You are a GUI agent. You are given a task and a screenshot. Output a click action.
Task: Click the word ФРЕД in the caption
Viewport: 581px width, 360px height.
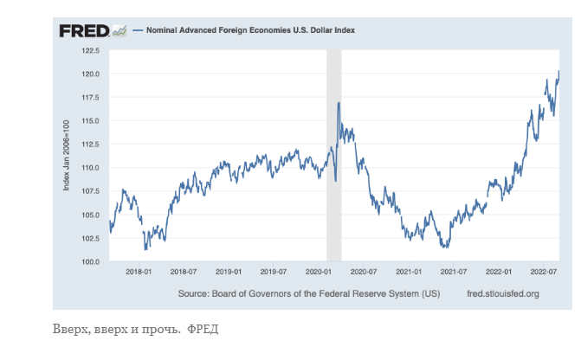[203, 331]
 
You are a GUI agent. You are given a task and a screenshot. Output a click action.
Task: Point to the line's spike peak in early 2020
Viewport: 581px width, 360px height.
[339, 103]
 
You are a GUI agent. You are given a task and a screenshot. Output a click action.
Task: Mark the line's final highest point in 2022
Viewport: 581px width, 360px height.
[558, 72]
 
